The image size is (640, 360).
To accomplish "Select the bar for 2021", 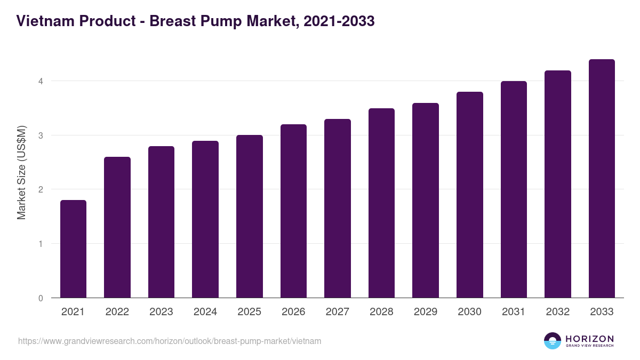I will (73, 249).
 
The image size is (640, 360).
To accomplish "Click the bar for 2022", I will (117, 227).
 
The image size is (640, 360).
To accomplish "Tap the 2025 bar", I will (250, 217).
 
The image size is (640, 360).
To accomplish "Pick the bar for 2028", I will (381, 203).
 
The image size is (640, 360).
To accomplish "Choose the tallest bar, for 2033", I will (602, 179).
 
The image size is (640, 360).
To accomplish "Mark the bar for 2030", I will (470, 195).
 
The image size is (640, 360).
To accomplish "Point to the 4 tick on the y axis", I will (40, 81).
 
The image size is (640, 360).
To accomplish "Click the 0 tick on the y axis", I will (40, 298).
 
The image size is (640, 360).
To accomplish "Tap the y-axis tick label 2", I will (40, 189).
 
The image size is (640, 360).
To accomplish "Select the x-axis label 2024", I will (205, 312).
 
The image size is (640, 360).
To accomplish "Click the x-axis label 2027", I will (338, 312).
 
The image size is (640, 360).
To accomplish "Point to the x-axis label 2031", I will (514, 312).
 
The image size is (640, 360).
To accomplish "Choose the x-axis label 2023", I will (161, 312).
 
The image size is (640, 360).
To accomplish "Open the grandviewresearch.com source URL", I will (170, 341).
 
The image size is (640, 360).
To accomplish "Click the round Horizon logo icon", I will (553, 341).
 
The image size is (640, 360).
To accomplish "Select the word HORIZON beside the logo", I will (589, 338).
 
